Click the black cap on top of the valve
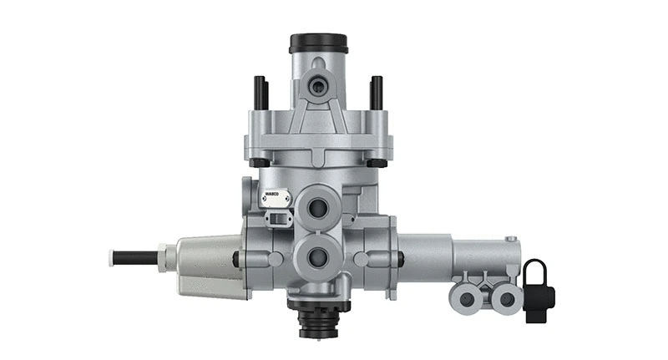(318, 42)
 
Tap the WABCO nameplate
(275, 199)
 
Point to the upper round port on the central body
(318, 205)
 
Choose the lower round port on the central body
(318, 257)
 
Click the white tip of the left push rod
(113, 257)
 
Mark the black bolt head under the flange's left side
(261, 161)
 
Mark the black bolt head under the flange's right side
(376, 161)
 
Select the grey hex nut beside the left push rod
(168, 257)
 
